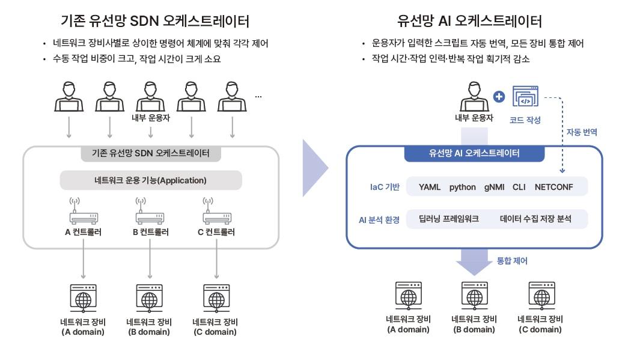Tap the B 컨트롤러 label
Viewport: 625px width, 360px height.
[x=150, y=231]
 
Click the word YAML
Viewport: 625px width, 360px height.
[x=430, y=187]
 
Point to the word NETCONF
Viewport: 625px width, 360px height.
[x=553, y=187]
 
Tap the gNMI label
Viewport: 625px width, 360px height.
[x=497, y=187]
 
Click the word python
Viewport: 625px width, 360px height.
[x=462, y=187]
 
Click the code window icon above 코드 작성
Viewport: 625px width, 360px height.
[x=525, y=97]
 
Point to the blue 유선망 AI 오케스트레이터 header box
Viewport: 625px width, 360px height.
[x=474, y=153]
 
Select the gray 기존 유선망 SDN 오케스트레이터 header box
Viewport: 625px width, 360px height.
[x=151, y=153]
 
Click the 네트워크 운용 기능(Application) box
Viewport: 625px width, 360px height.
[x=151, y=180]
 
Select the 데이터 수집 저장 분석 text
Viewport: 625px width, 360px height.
[x=535, y=219]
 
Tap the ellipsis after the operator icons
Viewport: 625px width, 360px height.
[x=258, y=96]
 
